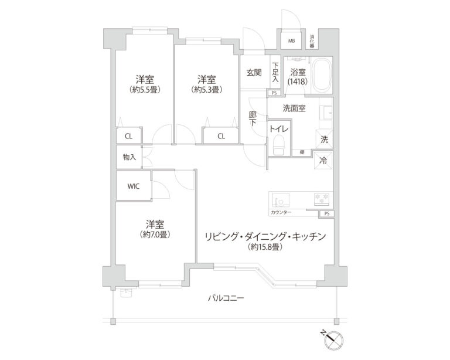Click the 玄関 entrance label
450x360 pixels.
point(254,73)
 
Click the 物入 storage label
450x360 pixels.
point(129,157)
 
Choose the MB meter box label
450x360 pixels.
point(291,41)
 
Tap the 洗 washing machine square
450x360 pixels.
point(324,140)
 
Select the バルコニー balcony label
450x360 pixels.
point(226,298)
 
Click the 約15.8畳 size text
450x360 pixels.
point(264,248)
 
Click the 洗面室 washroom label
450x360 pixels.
point(294,108)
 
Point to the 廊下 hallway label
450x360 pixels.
point(253,118)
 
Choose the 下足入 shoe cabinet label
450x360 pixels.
point(275,72)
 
